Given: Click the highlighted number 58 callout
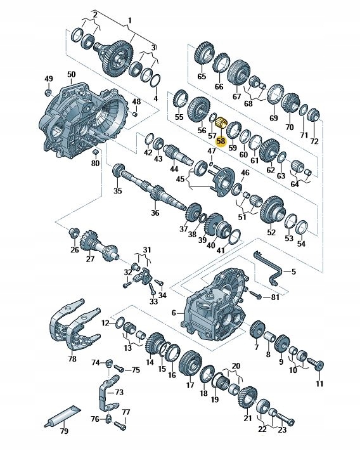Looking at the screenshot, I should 221,141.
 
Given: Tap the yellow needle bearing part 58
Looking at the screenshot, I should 222,123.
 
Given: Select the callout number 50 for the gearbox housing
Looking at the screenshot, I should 72,74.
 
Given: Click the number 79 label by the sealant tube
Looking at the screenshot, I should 63,431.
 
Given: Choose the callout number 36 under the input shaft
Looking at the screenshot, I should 155,213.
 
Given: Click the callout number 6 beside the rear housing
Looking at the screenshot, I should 174,313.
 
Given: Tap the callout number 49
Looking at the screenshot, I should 48,79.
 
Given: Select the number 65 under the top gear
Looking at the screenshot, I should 202,76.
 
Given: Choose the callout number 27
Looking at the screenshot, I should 89,259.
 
